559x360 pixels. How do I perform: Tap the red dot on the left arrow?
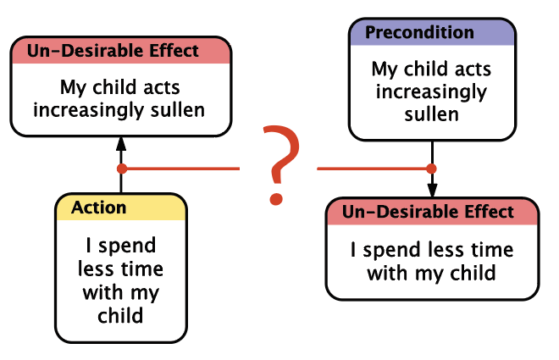[122, 169]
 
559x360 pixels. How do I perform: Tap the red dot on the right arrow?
[431, 169]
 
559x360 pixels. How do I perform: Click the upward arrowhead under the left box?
[121, 144]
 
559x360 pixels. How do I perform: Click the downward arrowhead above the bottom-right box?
[432, 191]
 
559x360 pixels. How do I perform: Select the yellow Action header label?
[99, 208]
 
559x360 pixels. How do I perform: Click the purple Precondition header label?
[419, 32]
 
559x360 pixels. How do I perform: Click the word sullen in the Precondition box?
[432, 114]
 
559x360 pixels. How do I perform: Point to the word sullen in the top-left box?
[178, 110]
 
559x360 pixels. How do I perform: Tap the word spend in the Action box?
[127, 246]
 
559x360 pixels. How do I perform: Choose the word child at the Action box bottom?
[120, 315]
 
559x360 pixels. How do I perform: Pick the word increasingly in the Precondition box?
[431, 92]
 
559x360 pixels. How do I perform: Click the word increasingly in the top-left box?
[89, 111]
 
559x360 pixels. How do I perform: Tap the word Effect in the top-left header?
[174, 51]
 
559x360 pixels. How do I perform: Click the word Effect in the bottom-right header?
[490, 212]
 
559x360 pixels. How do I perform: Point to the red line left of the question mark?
[180, 169]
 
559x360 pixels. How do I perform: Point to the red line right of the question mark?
[374, 169]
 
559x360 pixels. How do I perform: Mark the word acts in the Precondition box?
[474, 69]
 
